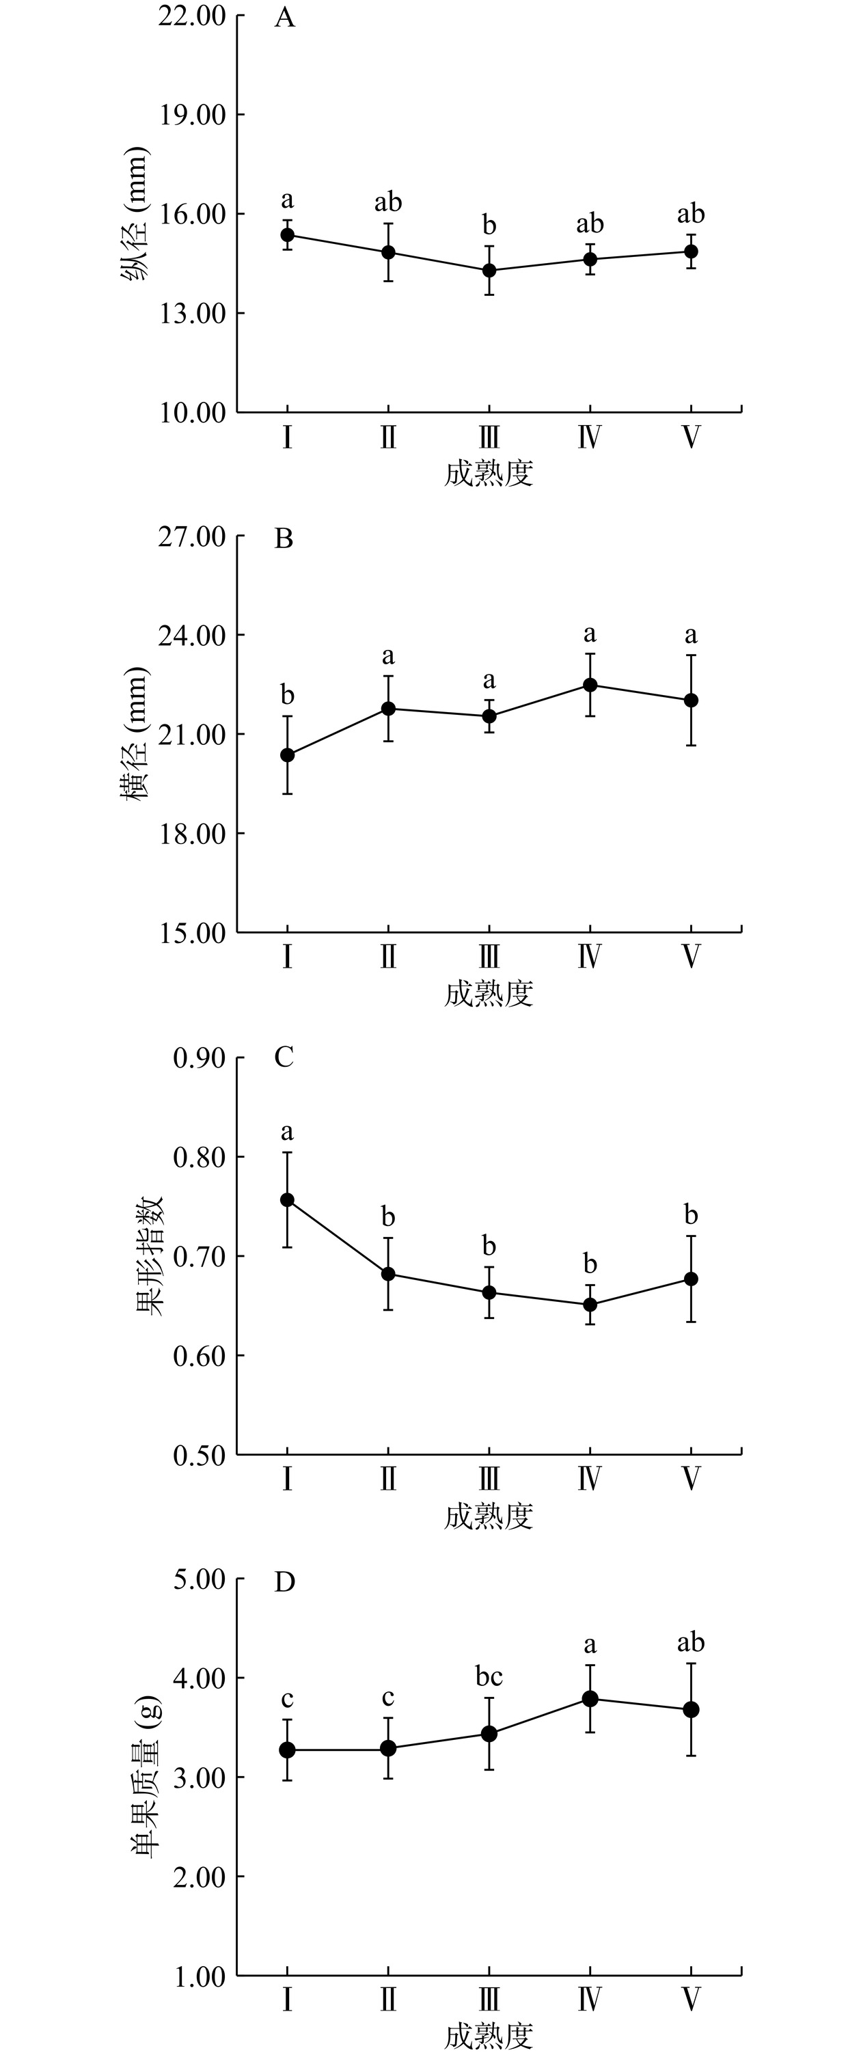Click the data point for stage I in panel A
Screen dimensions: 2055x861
tap(287, 234)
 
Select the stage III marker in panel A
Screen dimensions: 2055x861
tap(489, 271)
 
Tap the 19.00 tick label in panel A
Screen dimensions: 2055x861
tap(191, 115)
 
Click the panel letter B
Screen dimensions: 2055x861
tap(284, 539)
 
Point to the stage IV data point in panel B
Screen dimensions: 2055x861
tap(590, 685)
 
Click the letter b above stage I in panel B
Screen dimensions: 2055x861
tap(287, 695)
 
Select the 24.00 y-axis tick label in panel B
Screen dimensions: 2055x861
tap(191, 636)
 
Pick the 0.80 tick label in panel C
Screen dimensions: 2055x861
tap(200, 1157)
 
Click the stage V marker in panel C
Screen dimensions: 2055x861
tap(691, 1279)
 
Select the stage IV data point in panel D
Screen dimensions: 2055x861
tap(590, 1698)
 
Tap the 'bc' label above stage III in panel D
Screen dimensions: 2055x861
tap(489, 1676)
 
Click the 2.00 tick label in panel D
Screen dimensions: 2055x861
tap(200, 1877)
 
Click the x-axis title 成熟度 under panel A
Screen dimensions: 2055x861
tap(489, 474)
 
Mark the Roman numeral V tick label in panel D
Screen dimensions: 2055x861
tap(691, 2000)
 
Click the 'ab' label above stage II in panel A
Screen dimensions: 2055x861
tap(388, 202)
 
